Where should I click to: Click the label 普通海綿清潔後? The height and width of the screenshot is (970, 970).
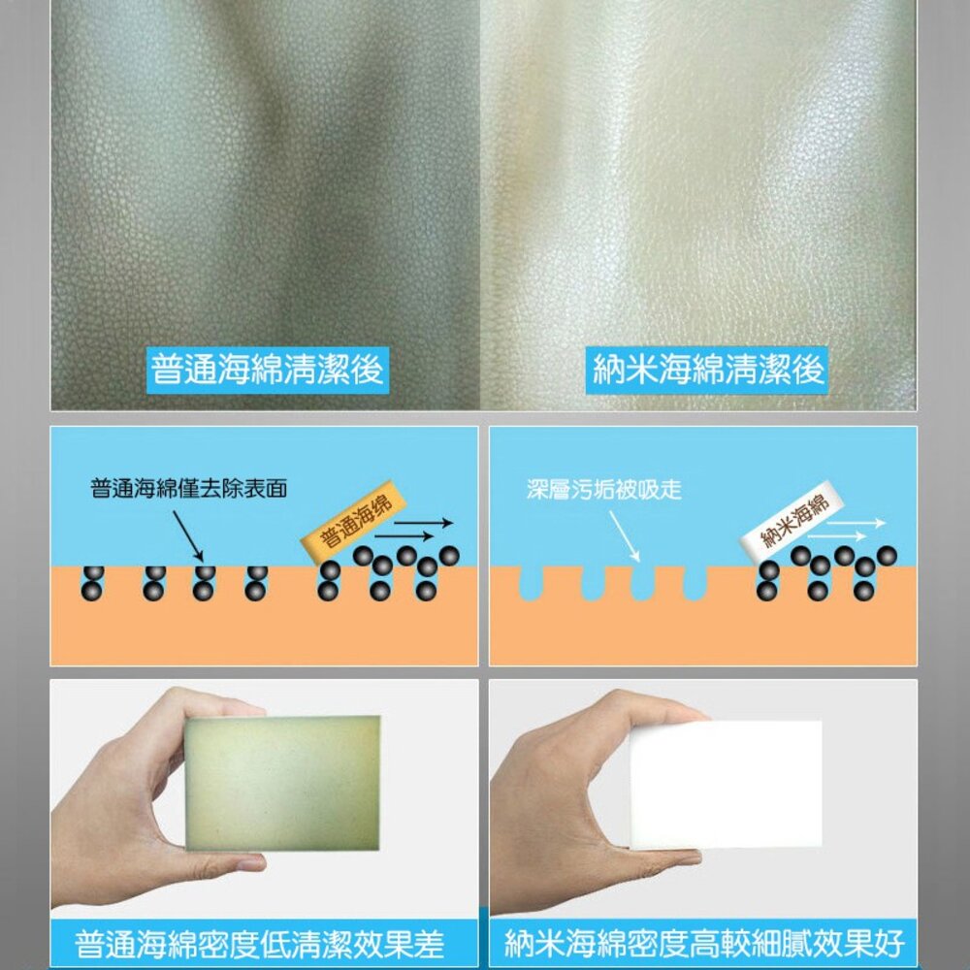pos(268,370)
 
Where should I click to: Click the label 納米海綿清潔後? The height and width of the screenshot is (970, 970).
pos(706,370)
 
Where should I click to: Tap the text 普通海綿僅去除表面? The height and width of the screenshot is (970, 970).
pos(189,489)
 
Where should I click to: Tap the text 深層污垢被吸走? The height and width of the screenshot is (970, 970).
pos(603,489)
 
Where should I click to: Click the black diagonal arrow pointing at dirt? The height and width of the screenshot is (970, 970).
pos(188,535)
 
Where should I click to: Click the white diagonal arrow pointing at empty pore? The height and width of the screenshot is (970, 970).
pos(624,535)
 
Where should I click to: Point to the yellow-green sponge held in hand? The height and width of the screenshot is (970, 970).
pos(282,783)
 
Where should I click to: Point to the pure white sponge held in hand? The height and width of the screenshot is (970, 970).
pos(725,784)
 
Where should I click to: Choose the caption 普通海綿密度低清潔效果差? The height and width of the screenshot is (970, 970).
pos(259,944)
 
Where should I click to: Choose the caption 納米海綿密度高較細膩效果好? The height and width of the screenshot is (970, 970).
pos(704,944)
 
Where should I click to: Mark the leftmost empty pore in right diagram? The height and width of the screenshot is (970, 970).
pos(531,583)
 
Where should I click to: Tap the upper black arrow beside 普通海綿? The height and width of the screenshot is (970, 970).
pos(424,524)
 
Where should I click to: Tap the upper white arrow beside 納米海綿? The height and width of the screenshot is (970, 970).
pos(857,524)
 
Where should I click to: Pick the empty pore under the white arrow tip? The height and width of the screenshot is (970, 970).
pos(643,583)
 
